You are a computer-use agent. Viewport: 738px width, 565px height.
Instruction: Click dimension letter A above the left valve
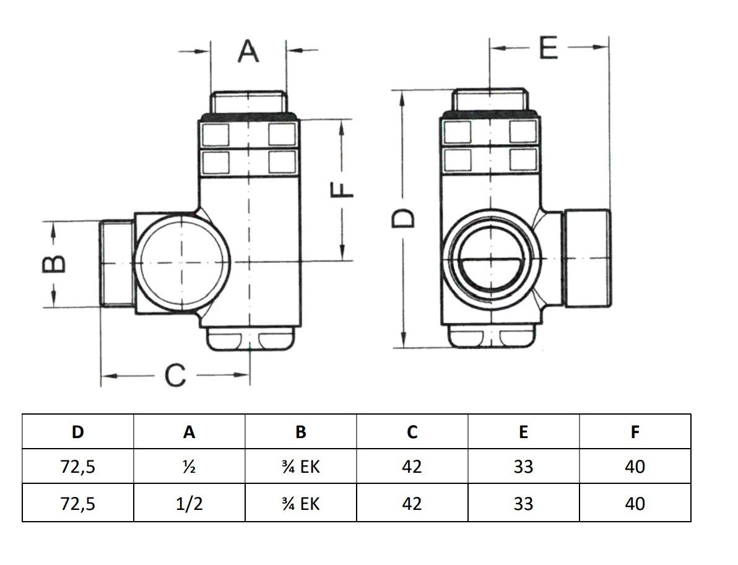pos(248,51)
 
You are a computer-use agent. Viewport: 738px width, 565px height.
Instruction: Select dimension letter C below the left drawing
pos(176,376)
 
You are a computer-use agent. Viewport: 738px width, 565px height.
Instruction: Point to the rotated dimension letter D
pos(403,218)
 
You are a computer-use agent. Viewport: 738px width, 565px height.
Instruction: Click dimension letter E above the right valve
pos(549,48)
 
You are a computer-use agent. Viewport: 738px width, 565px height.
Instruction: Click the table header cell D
pos(77,432)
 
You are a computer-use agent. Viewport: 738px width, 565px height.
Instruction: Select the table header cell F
pos(635,432)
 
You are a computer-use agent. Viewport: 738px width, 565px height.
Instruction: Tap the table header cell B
pos(301,432)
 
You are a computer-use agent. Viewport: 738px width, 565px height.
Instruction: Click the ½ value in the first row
pos(189,467)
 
